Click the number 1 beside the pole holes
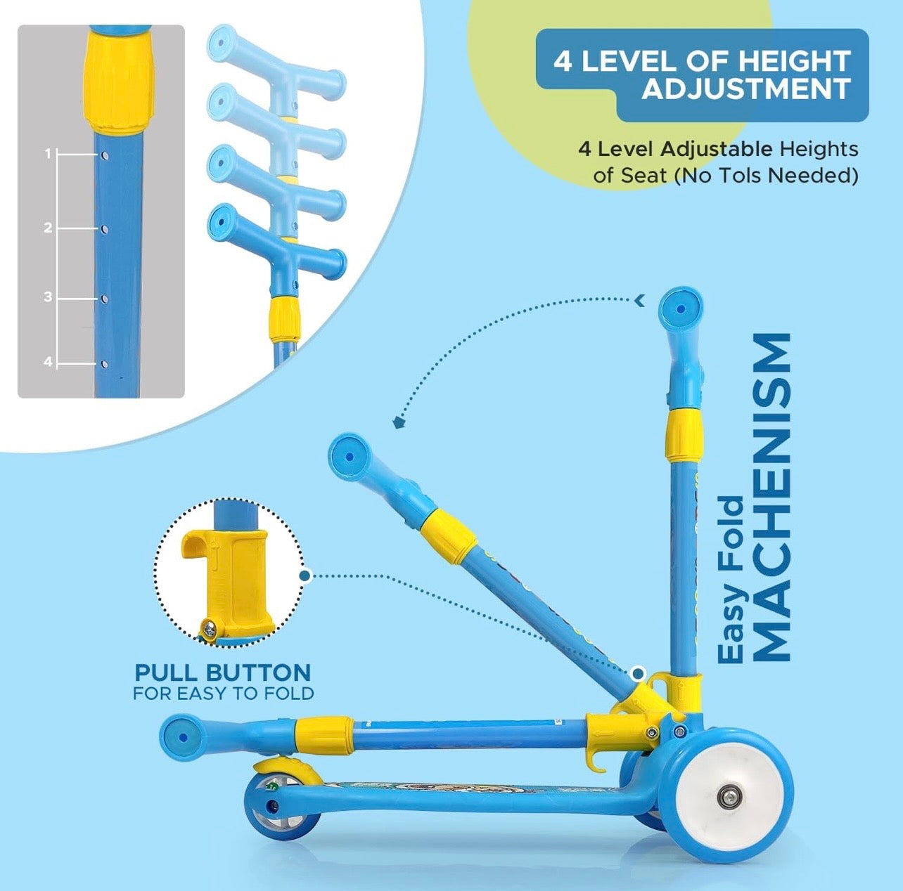click(47, 153)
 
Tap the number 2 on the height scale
click(48, 228)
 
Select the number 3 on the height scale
click(48, 297)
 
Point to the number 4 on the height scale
click(48, 362)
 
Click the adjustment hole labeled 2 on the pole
click(105, 229)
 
